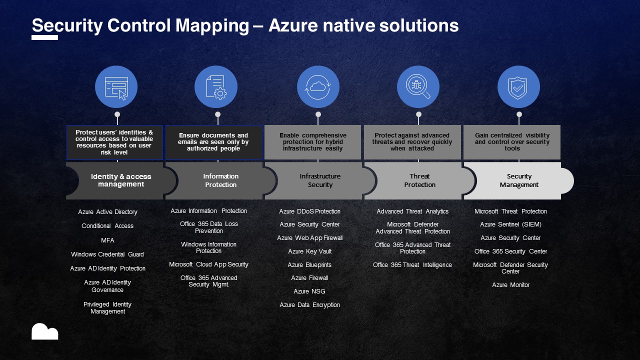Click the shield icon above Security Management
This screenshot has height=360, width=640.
(518, 87)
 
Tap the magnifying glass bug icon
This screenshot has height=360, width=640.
(418, 87)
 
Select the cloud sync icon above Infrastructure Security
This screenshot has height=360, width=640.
(318, 87)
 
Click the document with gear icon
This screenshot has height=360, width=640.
(216, 87)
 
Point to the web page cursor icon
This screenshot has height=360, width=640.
(116, 87)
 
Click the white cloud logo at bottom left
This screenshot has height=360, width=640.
(45, 331)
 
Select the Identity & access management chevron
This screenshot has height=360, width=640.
(121, 180)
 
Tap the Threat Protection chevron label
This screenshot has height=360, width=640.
(419, 180)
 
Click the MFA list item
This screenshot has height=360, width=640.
(107, 240)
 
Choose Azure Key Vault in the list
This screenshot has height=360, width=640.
(309, 251)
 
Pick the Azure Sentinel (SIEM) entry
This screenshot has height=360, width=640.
(510, 224)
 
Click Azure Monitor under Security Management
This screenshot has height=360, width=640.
(510, 285)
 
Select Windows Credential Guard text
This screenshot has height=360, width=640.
(107, 254)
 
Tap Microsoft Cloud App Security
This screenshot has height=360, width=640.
(208, 264)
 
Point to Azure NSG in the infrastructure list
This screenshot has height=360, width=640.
(309, 291)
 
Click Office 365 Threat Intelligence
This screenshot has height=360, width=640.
(412, 265)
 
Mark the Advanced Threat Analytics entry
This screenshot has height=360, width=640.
(412, 211)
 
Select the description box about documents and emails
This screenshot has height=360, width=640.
(214, 142)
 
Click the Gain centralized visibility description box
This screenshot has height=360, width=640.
(512, 142)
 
